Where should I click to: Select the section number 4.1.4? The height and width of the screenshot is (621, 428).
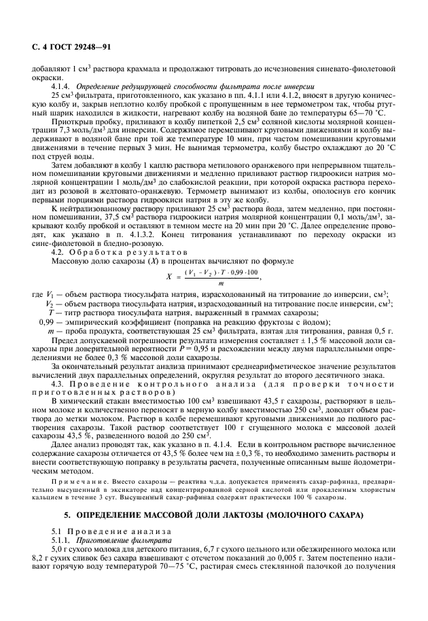[x=63, y=87]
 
